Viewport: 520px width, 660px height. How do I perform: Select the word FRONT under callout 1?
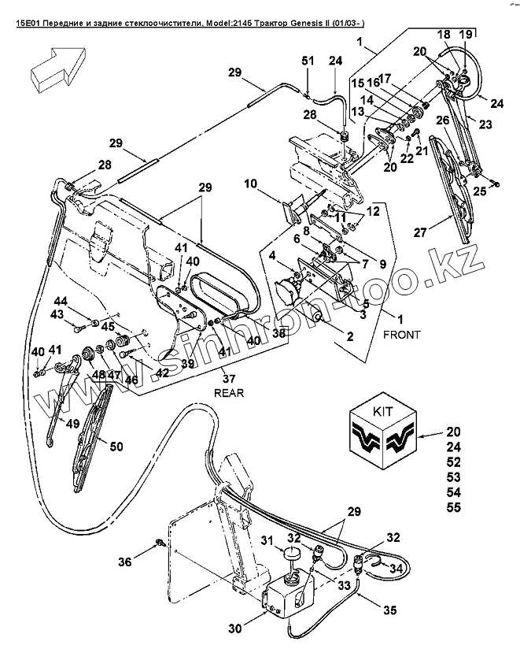click(401, 334)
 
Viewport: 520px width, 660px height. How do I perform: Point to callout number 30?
click(234, 628)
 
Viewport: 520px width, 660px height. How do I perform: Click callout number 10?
click(250, 184)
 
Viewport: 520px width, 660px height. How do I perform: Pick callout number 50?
click(116, 447)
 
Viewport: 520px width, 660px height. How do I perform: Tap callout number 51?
click(308, 61)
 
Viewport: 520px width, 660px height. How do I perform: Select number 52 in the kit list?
click(455, 462)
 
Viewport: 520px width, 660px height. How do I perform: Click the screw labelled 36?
click(159, 542)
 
